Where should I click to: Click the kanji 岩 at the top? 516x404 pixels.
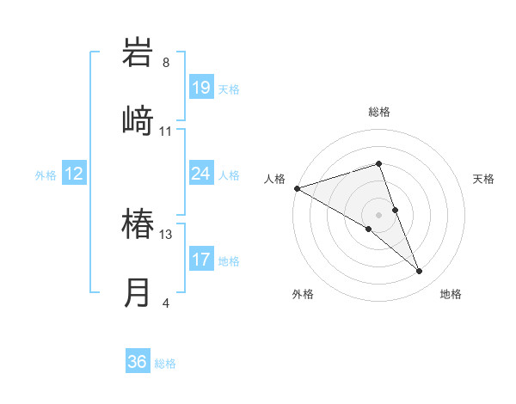click(x=138, y=52)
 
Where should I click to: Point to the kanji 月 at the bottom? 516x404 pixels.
click(x=138, y=292)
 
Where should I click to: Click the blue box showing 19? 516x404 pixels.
click(x=201, y=87)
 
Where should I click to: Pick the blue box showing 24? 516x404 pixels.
click(x=201, y=174)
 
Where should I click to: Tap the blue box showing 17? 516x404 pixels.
click(x=201, y=260)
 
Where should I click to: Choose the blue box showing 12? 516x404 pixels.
click(x=74, y=174)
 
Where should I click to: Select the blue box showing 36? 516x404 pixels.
click(x=138, y=362)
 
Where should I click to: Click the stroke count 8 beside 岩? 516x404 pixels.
click(x=166, y=63)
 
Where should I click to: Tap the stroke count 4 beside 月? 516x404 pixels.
click(x=166, y=303)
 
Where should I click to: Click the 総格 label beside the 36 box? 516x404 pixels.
click(x=166, y=364)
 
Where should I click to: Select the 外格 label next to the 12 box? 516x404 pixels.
click(x=46, y=175)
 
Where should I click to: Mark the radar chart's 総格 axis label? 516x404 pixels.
click(x=379, y=113)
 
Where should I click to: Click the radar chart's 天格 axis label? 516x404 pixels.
click(x=483, y=179)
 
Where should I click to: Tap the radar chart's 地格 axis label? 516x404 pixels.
click(x=451, y=294)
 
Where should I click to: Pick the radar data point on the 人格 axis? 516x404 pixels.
click(x=297, y=187)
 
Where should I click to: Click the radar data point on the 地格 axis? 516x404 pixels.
click(x=420, y=271)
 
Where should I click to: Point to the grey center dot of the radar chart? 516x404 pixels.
click(x=379, y=214)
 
